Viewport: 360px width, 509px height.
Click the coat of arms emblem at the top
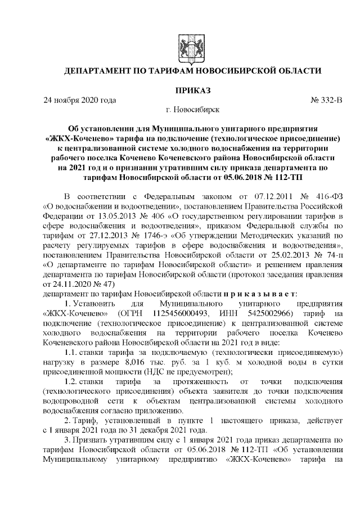tap(187, 43)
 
